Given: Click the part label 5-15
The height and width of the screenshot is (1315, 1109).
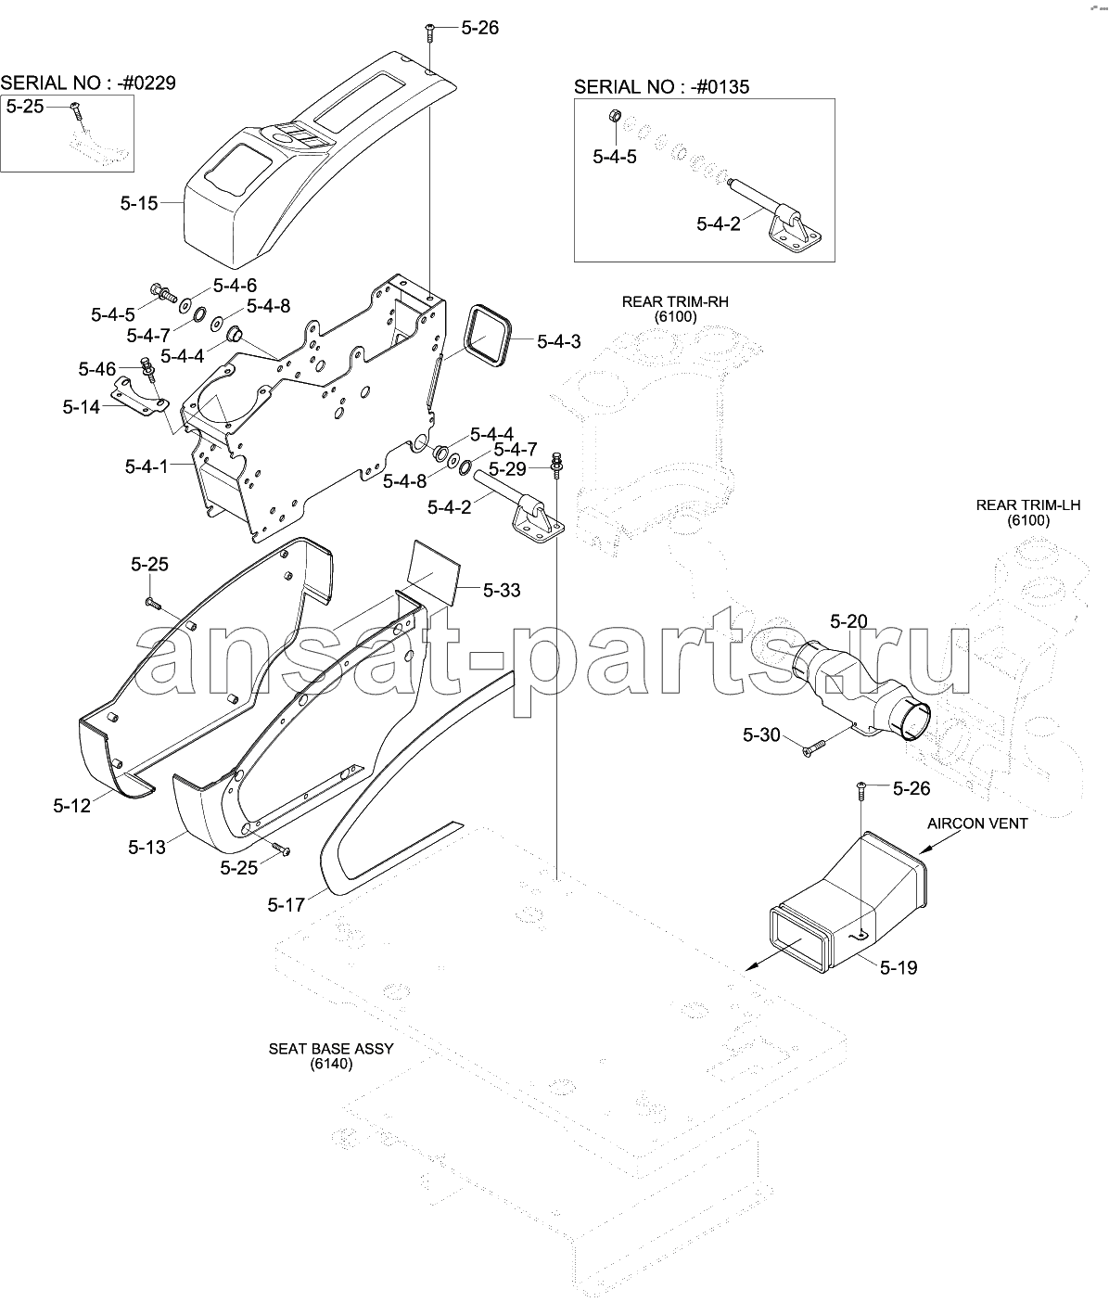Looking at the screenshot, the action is pyautogui.click(x=139, y=203).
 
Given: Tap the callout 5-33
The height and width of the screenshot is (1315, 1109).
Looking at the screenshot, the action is pyautogui.click(x=502, y=590).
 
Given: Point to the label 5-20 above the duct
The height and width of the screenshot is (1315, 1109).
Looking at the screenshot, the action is pyautogui.click(x=849, y=621).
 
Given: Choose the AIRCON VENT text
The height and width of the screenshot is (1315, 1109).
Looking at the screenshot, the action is pyautogui.click(x=977, y=823).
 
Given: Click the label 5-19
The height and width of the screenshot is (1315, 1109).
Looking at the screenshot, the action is pyautogui.click(x=899, y=967).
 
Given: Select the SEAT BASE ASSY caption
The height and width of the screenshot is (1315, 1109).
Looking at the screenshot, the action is pyautogui.click(x=331, y=1049).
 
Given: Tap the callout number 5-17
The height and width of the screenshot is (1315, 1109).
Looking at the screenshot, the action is pyautogui.click(x=286, y=905).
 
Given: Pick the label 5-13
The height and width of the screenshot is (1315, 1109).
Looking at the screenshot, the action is pyautogui.click(x=147, y=847).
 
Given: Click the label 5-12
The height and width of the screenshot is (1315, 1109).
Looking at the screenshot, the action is pyautogui.click(x=71, y=806).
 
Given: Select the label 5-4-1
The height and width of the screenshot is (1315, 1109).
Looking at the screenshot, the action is pyautogui.click(x=147, y=466).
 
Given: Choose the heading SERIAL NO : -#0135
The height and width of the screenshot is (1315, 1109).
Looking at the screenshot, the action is pyautogui.click(x=662, y=87).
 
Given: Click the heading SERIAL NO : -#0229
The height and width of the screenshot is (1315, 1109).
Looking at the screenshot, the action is pyautogui.click(x=88, y=83).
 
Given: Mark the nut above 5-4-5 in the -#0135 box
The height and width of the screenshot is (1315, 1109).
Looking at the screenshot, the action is pyautogui.click(x=616, y=116).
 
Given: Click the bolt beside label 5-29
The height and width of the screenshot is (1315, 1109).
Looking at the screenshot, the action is pyautogui.click(x=556, y=465).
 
